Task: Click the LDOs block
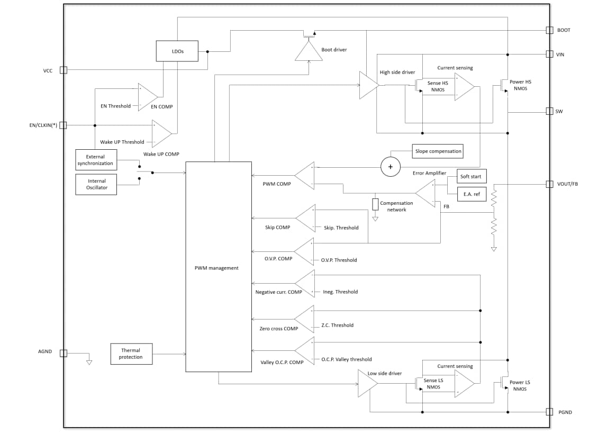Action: [x=177, y=51]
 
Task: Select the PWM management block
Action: [x=218, y=267]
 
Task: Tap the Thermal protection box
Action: [x=131, y=354]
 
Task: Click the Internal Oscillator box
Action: [x=96, y=184]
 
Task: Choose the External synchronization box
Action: [x=95, y=160]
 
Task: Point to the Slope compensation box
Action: [x=438, y=151]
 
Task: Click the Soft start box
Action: [x=471, y=176]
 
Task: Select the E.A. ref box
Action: [x=471, y=194]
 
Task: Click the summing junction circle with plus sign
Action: [x=391, y=167]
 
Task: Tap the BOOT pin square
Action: [x=549, y=30]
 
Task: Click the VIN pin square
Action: [x=549, y=54]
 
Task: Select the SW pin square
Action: [x=549, y=111]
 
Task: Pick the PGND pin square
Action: [x=549, y=412]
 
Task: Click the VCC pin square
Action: [x=64, y=70]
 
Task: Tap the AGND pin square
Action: [x=64, y=353]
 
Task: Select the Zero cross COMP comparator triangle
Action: [x=306, y=319]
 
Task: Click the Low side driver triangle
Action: [x=367, y=383]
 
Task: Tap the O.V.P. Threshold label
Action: [x=339, y=260]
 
